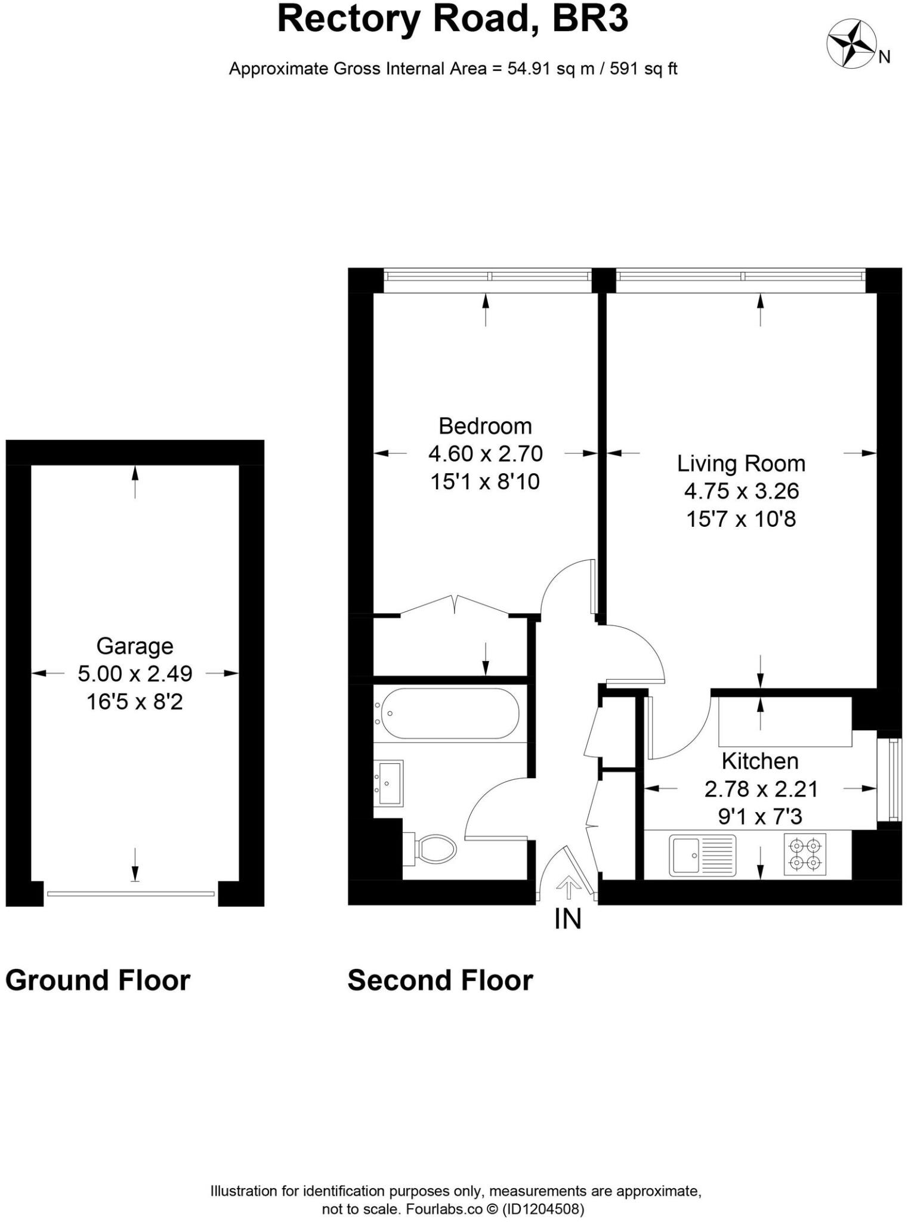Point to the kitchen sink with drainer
702,855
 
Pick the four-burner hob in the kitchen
805,854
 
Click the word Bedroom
485,426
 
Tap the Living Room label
741,464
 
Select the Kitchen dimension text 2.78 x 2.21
761,789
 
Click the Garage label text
135,646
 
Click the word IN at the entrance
567,919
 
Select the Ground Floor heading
97,980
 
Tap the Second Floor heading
440,980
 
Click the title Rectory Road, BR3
453,19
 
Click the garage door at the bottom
131,893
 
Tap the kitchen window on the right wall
892,779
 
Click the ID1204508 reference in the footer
543,1209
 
